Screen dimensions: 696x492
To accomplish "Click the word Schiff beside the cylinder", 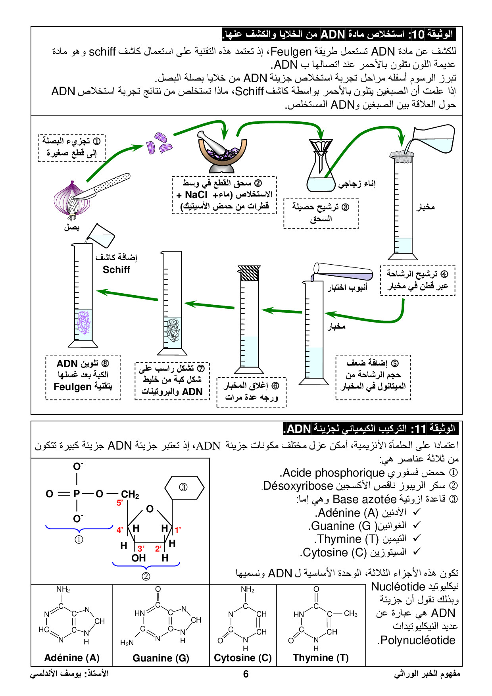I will pos(116,270).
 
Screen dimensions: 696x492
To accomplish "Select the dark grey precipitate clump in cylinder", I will pos(173,329).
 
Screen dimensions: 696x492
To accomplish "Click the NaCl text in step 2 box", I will pos(196,195).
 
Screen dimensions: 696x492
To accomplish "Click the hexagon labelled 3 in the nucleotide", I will pos(184,487).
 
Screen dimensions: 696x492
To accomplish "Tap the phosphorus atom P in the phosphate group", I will pos(77,494).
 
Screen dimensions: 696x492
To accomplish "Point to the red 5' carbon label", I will pos(120,503).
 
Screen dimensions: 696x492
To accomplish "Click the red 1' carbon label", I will pos(178,529).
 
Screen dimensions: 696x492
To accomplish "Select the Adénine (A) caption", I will pos(72,658).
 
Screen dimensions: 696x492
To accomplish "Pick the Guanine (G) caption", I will pos(161,658).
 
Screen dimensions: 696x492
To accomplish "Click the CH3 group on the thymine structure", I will pos(350,613).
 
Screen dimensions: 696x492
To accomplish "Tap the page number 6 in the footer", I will pos(246,674).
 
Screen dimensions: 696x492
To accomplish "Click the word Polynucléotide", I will pos(417,640).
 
